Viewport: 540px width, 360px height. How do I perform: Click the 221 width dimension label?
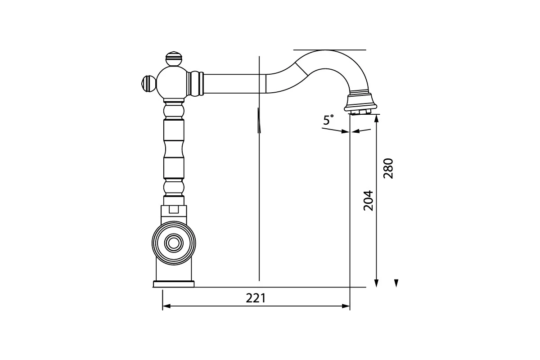click(256, 298)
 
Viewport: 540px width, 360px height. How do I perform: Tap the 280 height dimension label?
click(388, 168)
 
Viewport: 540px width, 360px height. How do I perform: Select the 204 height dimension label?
click(368, 201)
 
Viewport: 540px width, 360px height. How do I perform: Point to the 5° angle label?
click(328, 120)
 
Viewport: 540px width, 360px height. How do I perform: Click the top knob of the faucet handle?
click(174, 58)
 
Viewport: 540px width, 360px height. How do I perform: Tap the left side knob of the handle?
click(148, 84)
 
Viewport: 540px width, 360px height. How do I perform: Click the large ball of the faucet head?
click(171, 83)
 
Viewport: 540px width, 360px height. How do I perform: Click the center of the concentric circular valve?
click(174, 243)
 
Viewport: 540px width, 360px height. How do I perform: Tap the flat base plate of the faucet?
click(174, 284)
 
